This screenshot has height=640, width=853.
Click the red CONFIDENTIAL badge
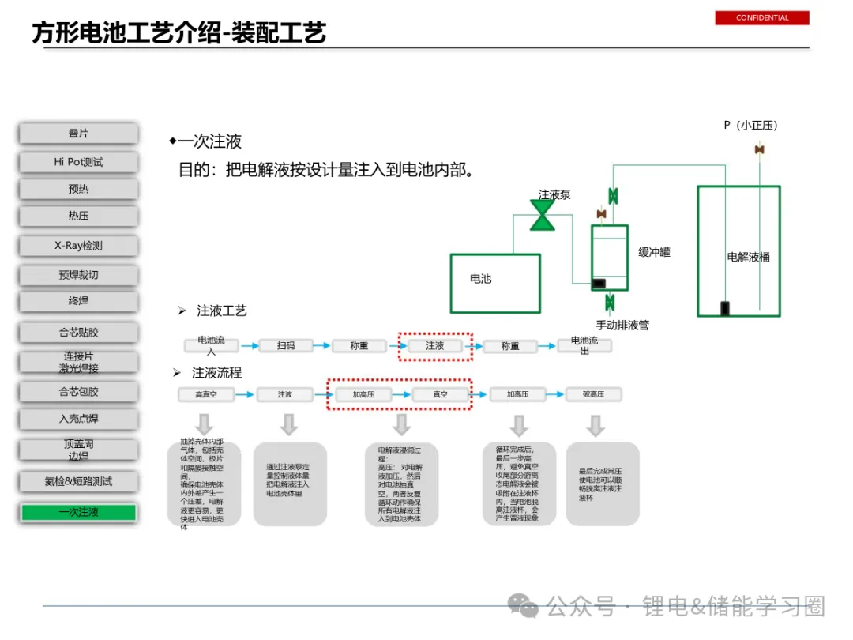click(x=762, y=18)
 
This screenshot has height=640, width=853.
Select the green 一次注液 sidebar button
click(x=79, y=513)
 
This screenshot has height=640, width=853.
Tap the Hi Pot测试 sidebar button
click(x=79, y=162)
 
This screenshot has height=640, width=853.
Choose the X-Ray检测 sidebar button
click(x=79, y=246)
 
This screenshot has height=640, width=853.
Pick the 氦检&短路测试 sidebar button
click(x=79, y=481)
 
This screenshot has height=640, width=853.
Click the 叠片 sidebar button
click(x=79, y=134)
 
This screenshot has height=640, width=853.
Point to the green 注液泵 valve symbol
click(x=543, y=215)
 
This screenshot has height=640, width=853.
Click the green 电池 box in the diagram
click(x=495, y=282)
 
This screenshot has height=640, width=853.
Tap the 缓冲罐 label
click(x=654, y=252)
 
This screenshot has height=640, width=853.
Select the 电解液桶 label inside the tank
click(x=748, y=257)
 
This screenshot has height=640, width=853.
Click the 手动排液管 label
click(x=622, y=325)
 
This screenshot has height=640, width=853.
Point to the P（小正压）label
click(x=751, y=125)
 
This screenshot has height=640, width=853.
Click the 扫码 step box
click(x=286, y=345)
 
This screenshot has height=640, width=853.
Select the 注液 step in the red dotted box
click(x=435, y=346)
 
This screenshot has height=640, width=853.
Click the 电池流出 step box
click(x=585, y=345)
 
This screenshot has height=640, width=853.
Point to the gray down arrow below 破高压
click(x=595, y=426)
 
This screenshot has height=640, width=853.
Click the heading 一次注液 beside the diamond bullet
click(x=209, y=142)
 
